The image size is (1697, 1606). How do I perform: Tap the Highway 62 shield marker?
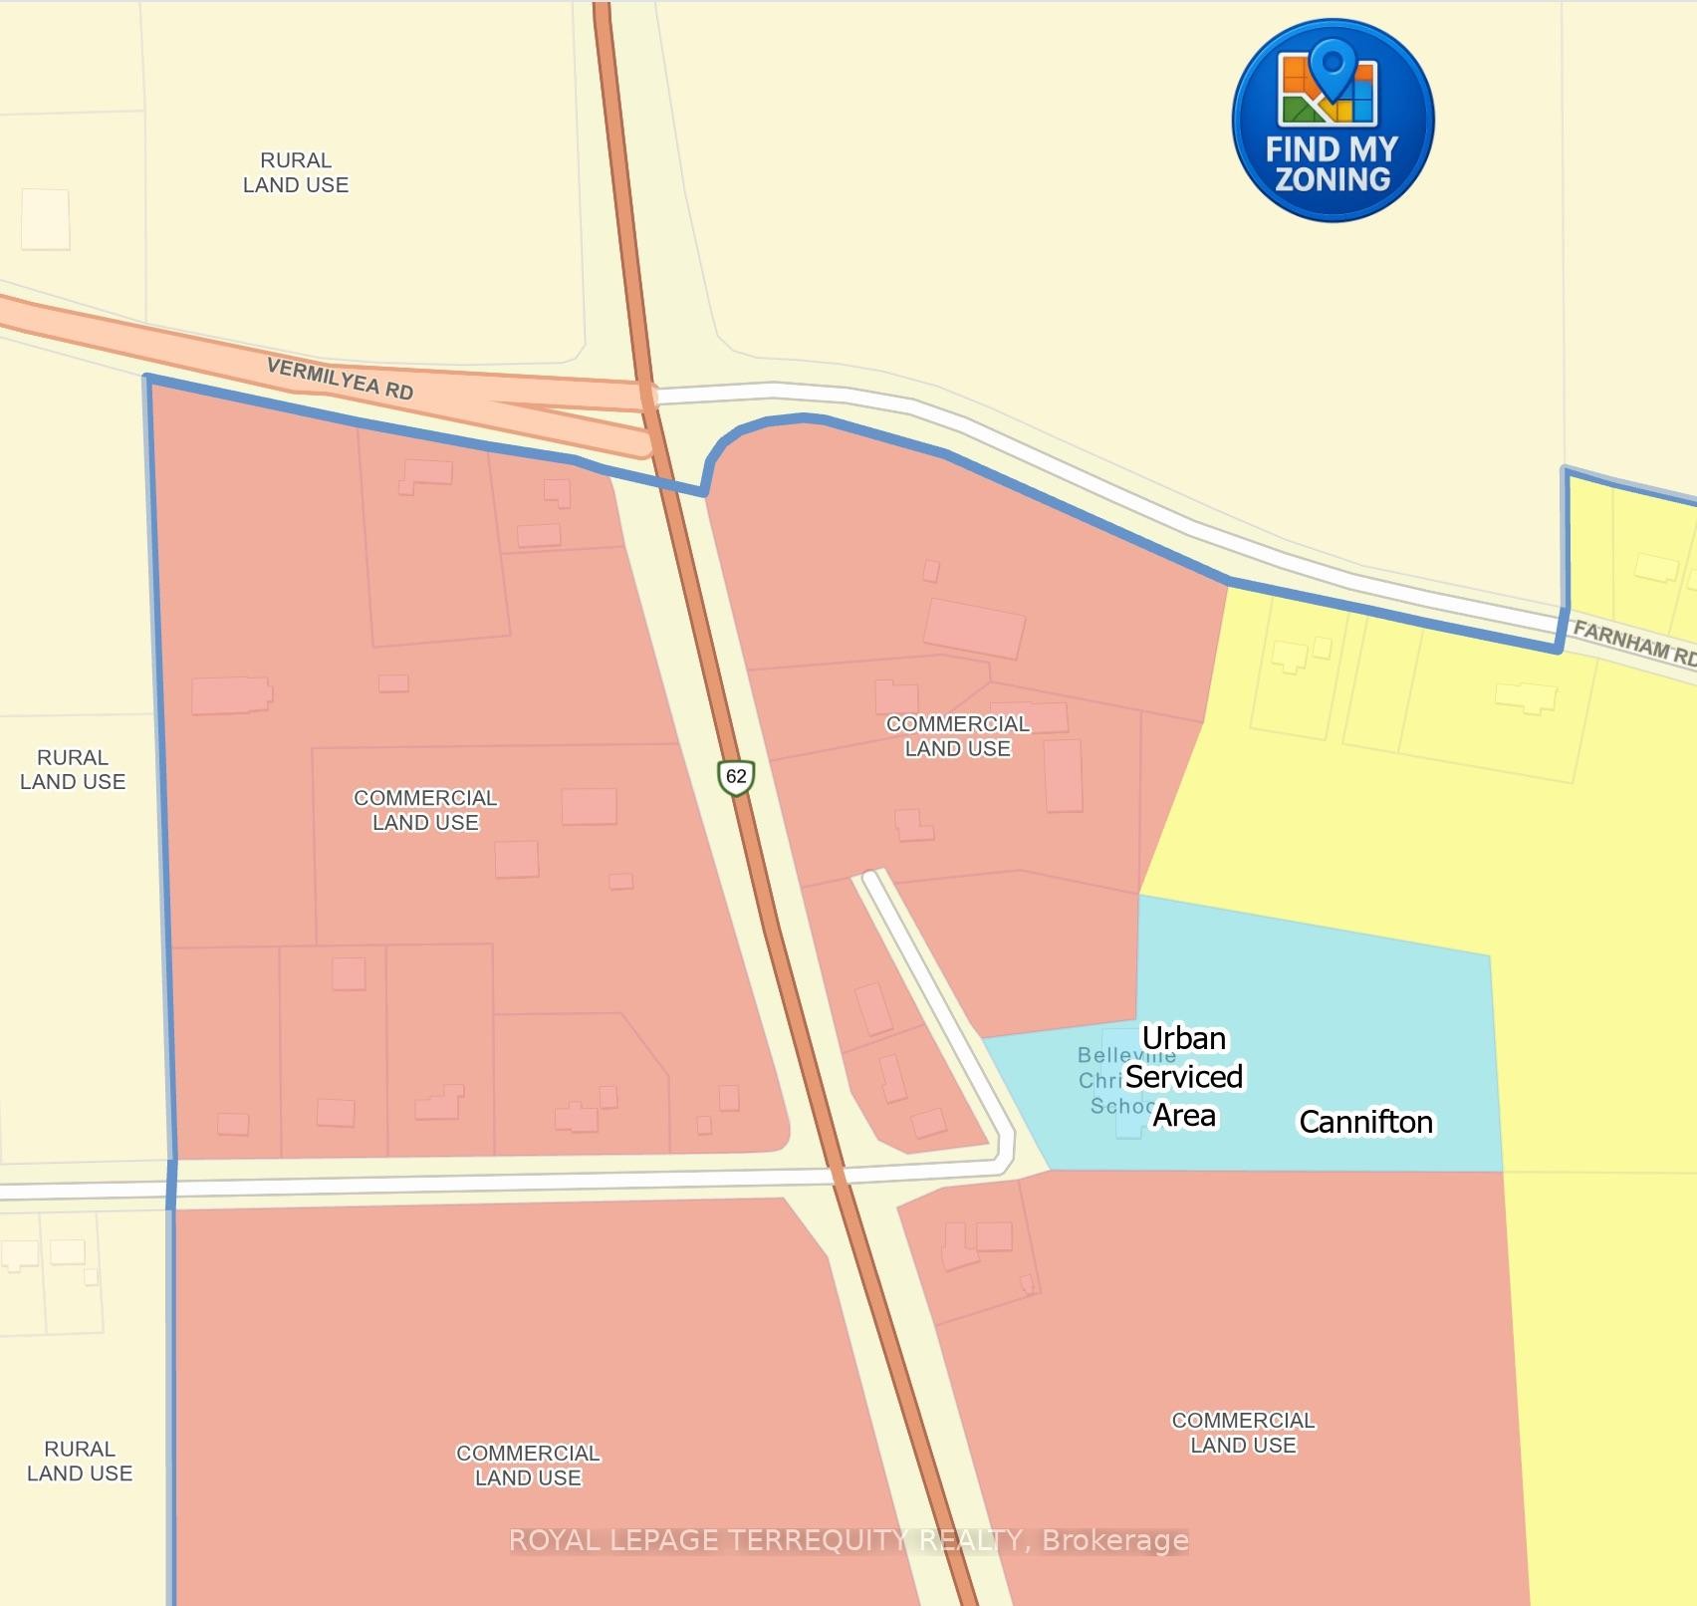tap(736, 777)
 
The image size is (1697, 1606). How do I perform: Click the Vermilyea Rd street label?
tap(340, 380)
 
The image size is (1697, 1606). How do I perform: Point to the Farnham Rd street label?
tap(1633, 643)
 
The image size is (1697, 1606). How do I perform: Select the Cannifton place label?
tap(1365, 1122)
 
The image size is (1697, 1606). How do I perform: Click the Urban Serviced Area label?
tap(1184, 1077)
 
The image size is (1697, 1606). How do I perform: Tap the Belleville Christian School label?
tap(1115, 1080)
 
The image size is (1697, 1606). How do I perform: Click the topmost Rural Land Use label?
tap(296, 172)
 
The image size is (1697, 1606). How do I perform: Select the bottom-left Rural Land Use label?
tap(80, 1461)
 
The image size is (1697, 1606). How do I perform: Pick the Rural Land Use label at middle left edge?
tap(73, 769)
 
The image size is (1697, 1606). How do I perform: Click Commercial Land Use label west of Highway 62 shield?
tap(425, 810)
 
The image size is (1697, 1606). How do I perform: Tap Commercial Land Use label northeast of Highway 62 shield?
tap(958, 736)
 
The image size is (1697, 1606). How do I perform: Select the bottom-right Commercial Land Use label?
tap(1243, 1433)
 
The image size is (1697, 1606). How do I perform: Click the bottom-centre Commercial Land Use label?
tap(528, 1466)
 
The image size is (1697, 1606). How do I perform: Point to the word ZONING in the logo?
tap(1333, 179)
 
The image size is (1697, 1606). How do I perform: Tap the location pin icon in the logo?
tap(1330, 64)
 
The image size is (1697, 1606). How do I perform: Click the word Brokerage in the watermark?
tap(1114, 1540)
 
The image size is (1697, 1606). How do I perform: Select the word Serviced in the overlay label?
tap(1184, 1077)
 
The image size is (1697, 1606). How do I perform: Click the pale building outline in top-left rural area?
tap(46, 219)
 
